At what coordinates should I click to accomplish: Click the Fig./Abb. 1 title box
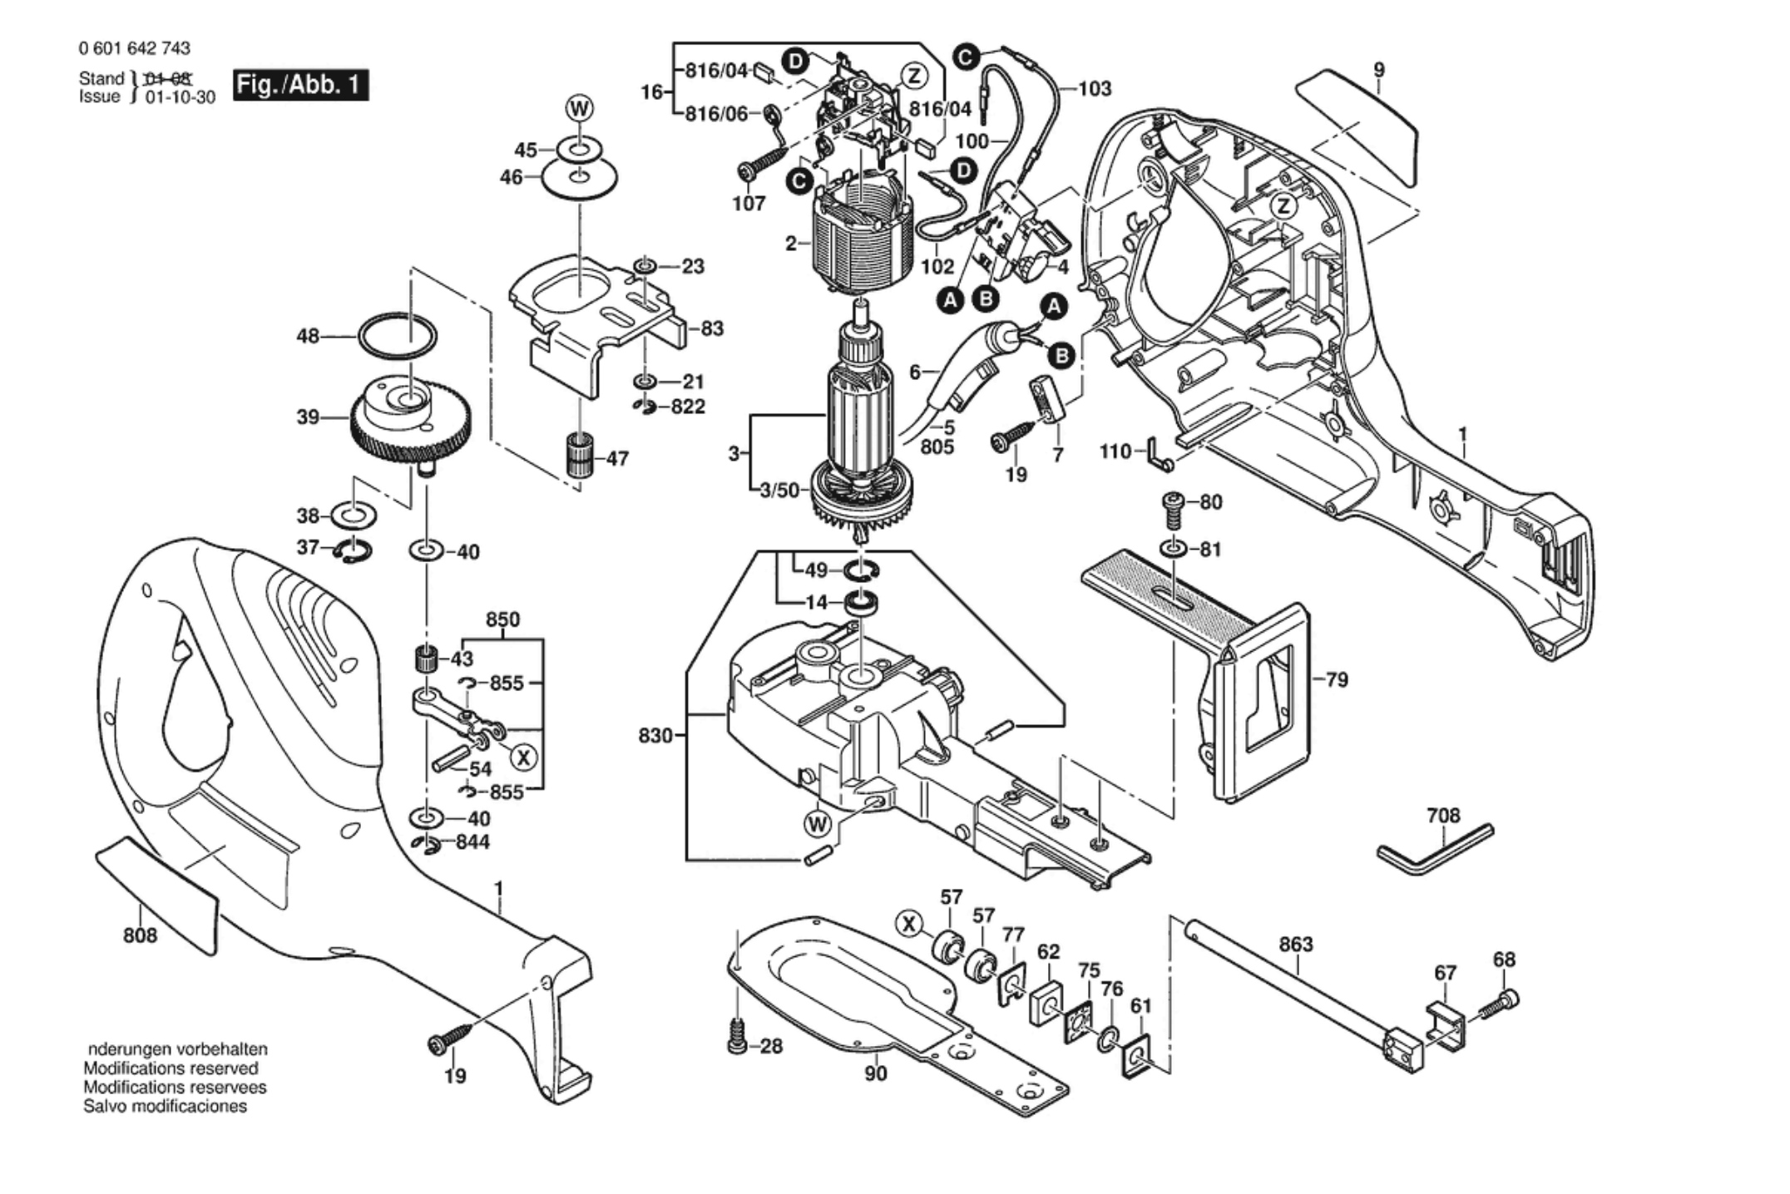(x=299, y=85)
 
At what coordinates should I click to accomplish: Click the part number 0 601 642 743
(x=135, y=48)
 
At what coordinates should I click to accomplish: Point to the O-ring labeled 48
(x=398, y=337)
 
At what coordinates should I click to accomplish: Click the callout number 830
(x=655, y=736)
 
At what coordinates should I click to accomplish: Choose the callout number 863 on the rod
(x=1296, y=945)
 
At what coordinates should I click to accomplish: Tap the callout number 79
(x=1337, y=680)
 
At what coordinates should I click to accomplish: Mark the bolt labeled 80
(x=1173, y=510)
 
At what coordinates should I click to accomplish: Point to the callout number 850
(x=502, y=620)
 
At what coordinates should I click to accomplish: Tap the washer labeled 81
(x=1173, y=550)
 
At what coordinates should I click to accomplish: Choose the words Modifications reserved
(x=171, y=1068)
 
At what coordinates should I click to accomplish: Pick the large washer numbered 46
(x=580, y=177)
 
